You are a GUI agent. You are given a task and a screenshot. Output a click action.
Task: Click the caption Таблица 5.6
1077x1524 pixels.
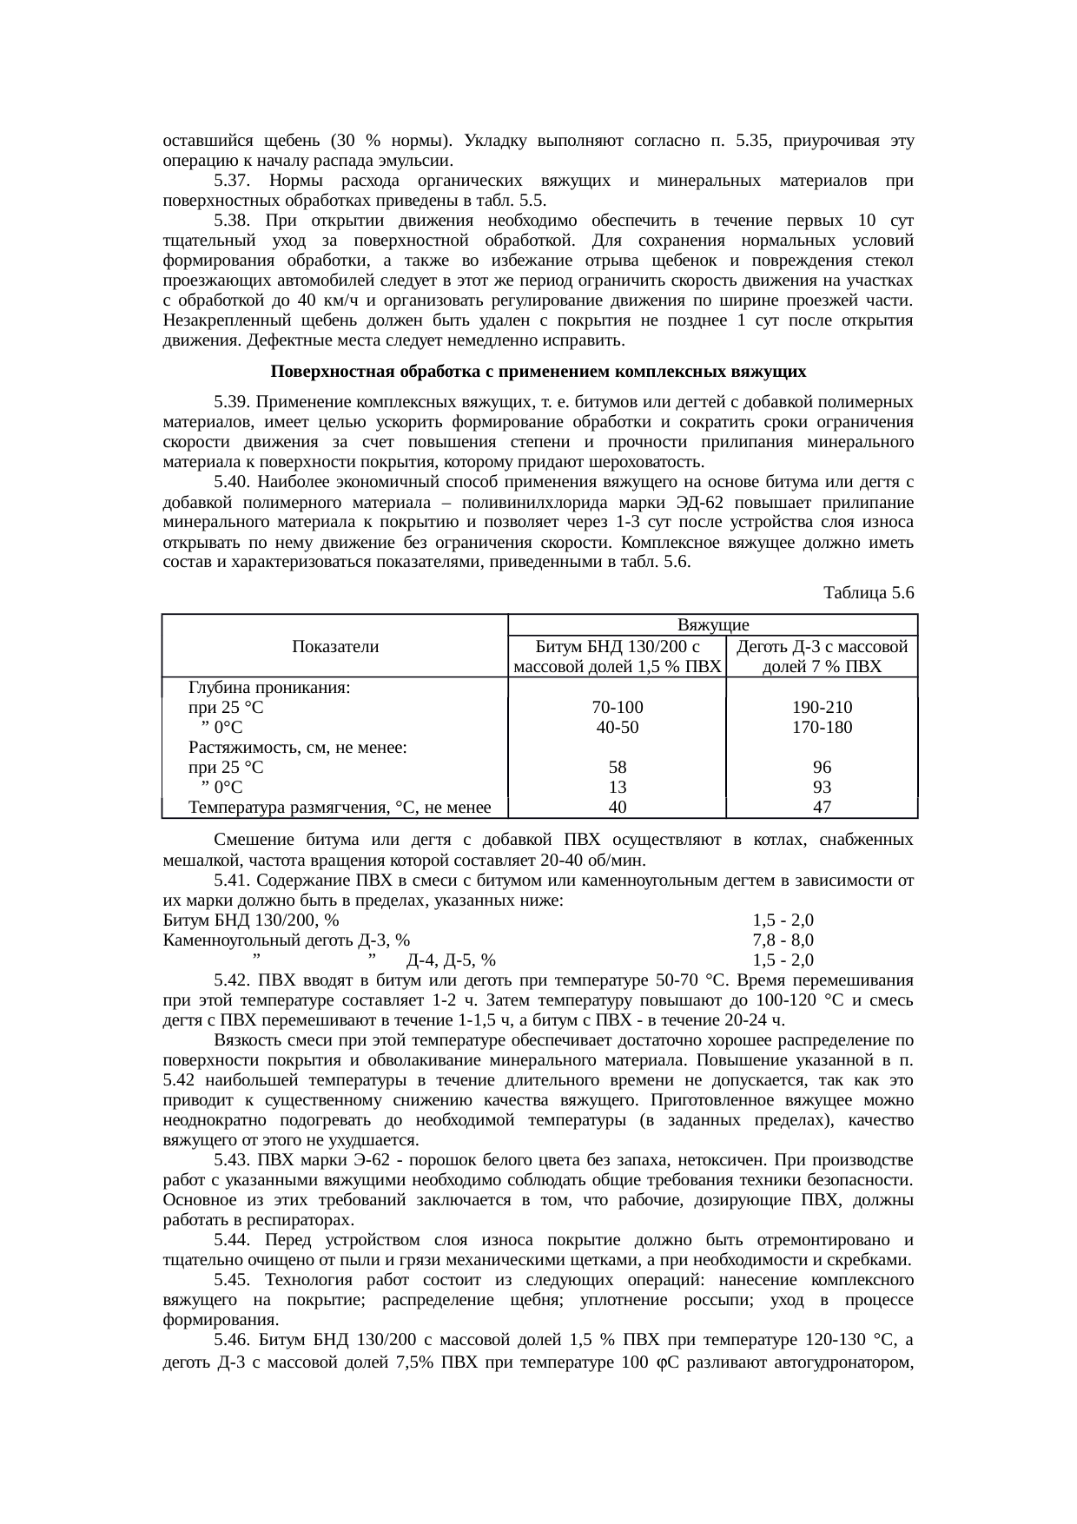pyautogui.click(x=867, y=594)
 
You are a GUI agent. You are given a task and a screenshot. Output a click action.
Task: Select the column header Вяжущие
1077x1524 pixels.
pyautogui.click(x=712, y=625)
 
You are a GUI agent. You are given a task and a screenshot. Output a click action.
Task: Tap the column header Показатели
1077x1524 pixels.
pyautogui.click(x=335, y=646)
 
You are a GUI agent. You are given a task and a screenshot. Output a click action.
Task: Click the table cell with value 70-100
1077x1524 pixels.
pyautogui.click(x=617, y=708)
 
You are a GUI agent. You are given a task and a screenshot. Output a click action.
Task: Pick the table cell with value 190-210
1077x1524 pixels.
pyautogui.click(x=822, y=708)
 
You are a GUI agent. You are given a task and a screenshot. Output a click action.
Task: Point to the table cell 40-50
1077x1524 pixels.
pyautogui.click(x=617, y=728)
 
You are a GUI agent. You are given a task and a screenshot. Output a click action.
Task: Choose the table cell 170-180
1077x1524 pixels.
pyautogui.click(x=822, y=728)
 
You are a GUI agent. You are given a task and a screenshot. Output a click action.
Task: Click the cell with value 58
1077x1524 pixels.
pyautogui.click(x=617, y=768)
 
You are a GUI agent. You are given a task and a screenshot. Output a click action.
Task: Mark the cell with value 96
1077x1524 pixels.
pyautogui.click(x=822, y=768)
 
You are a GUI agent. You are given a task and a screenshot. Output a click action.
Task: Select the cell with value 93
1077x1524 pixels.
pyautogui.click(x=822, y=788)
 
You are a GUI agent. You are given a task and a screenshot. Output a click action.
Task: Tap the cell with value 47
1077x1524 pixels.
pyautogui.click(x=822, y=808)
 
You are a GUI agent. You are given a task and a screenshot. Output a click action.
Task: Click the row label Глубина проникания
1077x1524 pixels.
pyautogui.click(x=269, y=688)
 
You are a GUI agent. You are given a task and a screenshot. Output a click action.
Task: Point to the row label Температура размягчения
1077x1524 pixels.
pyautogui.click(x=340, y=808)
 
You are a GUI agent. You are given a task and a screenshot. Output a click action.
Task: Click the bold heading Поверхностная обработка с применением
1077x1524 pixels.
pyautogui.click(x=538, y=373)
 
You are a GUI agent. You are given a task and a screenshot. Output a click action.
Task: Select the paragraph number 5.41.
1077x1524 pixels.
pyautogui.click(x=232, y=881)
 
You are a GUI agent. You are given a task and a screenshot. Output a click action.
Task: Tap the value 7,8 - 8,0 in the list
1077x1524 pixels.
pyautogui.click(x=783, y=940)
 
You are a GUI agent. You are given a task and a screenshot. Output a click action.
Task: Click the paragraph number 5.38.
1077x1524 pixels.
pyautogui.click(x=232, y=220)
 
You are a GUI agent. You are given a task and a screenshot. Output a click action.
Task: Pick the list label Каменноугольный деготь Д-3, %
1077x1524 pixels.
pyautogui.click(x=287, y=940)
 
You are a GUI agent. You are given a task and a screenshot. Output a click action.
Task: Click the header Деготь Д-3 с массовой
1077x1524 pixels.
pyautogui.click(x=822, y=647)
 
